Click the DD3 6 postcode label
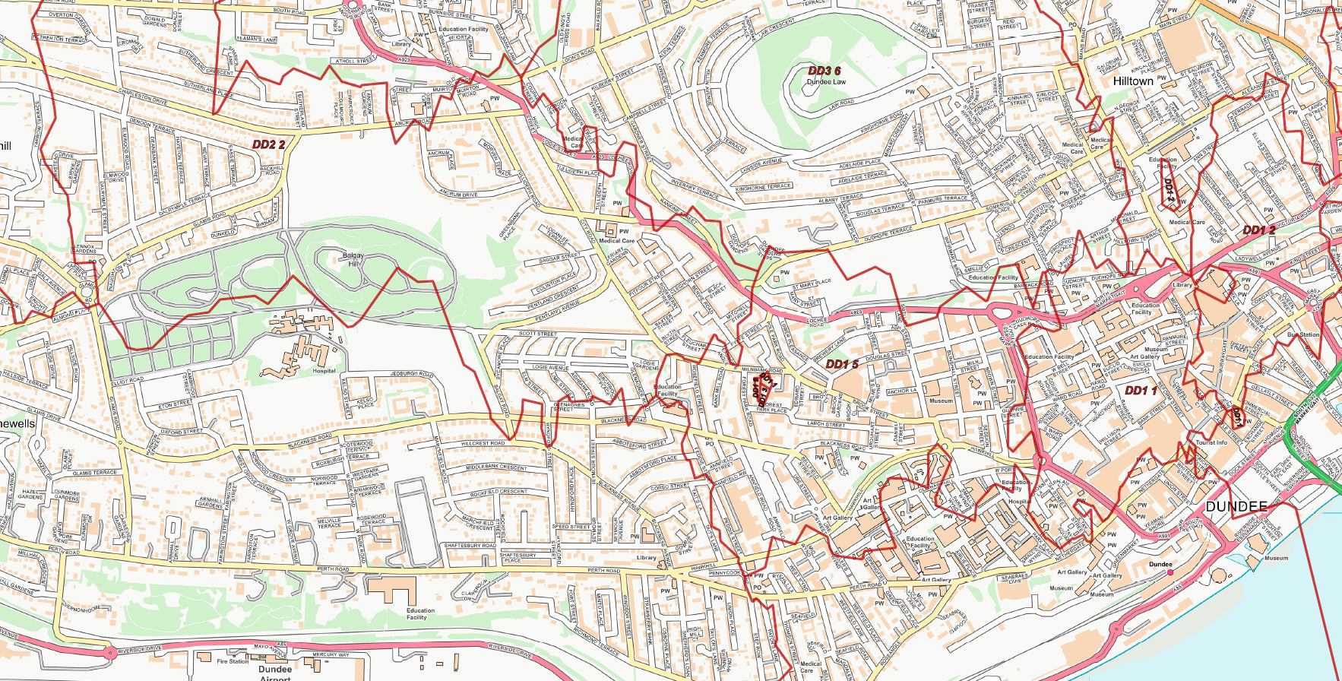[824, 71]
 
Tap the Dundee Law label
[826, 81]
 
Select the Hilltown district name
[1132, 81]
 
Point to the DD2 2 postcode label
[269, 144]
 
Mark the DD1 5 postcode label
[842, 364]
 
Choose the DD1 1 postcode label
[1141, 391]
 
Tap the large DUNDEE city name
[1236, 507]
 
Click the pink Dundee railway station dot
[1170, 572]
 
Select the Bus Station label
[1303, 334]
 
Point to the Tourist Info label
[1211, 442]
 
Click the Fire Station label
[233, 661]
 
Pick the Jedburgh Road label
[411, 375]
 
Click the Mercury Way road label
[330, 654]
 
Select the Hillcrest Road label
[483, 443]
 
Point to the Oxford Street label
[182, 432]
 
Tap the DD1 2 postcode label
[1259, 230]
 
